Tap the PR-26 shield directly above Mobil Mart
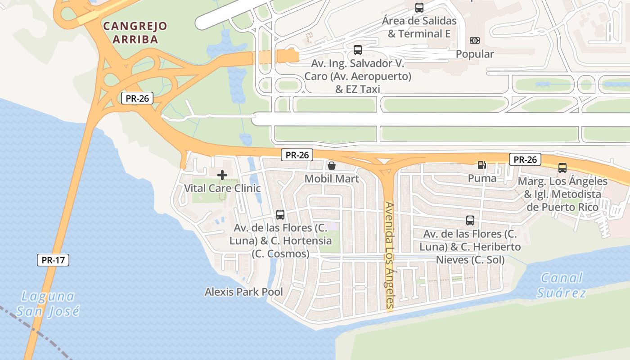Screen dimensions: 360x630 pyautogui.click(x=297, y=155)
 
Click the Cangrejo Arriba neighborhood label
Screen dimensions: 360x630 pyautogui.click(x=135, y=32)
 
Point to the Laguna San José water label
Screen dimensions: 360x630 pyautogui.click(x=48, y=303)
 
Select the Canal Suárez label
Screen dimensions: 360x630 pyautogui.click(x=562, y=285)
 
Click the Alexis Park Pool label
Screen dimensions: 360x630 pyautogui.click(x=244, y=292)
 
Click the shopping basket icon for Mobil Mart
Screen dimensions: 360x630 pyautogui.click(x=332, y=166)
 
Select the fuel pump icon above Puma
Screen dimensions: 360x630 pyautogui.click(x=482, y=165)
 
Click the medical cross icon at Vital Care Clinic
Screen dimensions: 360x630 pyautogui.click(x=222, y=175)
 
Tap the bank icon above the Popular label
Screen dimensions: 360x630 pyautogui.click(x=475, y=40)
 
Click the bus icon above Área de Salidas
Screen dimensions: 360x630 pyautogui.click(x=419, y=7)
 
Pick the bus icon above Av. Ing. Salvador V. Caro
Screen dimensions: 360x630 pyautogui.click(x=358, y=49)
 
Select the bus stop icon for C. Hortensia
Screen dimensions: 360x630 pyautogui.click(x=280, y=214)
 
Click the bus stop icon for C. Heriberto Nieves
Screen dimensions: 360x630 pyautogui.click(x=470, y=220)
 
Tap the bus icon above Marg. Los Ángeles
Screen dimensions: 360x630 pyautogui.click(x=562, y=168)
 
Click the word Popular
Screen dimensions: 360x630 pyautogui.click(x=475, y=54)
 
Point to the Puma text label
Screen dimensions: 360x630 pyautogui.click(x=482, y=178)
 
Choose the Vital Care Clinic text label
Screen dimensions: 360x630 pyautogui.click(x=222, y=188)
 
